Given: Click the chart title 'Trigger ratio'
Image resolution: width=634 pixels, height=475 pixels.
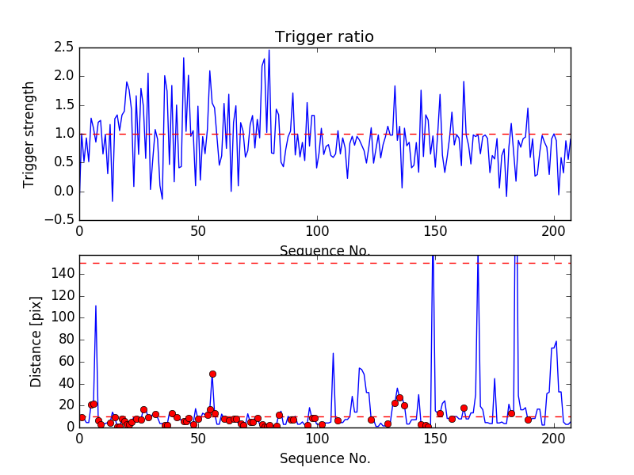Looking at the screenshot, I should coord(324,37).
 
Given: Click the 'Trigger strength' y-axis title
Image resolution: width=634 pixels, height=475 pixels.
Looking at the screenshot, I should coord(30,135).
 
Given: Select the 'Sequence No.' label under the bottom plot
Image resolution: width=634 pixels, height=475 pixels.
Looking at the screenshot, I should coord(324,458).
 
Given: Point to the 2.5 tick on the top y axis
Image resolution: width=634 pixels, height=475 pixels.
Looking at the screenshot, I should coord(63,47).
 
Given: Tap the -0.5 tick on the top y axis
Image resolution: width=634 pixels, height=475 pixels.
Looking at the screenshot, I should coord(60,220).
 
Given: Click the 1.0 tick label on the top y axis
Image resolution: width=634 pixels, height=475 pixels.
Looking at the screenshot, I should coord(63,134).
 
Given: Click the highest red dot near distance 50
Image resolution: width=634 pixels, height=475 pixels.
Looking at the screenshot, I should coord(212,374).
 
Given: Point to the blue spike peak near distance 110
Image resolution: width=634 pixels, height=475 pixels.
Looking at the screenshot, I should coord(96,306).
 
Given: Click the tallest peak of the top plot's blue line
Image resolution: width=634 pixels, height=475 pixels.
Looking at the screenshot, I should coord(269,51).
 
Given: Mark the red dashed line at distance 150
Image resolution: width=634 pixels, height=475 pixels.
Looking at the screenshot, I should coord(317,263).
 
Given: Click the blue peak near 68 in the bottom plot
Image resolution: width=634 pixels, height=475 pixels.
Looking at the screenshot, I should coord(333,353).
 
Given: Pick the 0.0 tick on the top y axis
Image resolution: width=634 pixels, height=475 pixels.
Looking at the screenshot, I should coord(63,192).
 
